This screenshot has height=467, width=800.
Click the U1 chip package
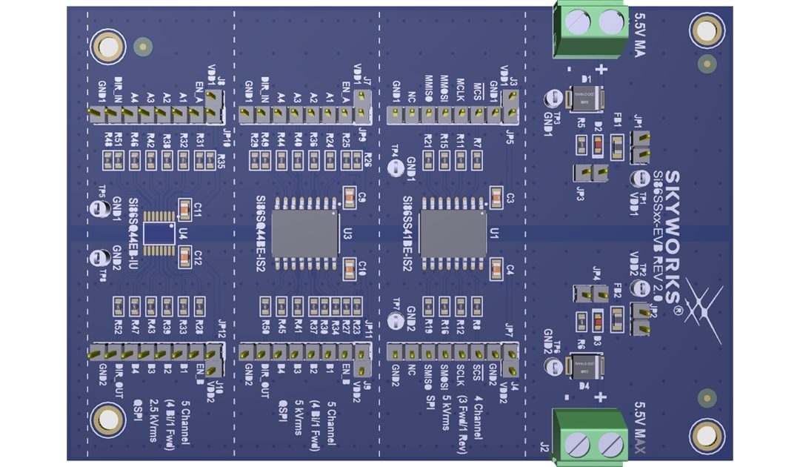(453, 232)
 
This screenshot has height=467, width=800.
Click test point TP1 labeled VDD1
(636, 178)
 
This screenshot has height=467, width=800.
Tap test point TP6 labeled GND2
(552, 366)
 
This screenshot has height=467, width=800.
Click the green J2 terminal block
(590, 437)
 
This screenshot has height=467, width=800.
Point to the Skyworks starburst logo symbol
(701, 308)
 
